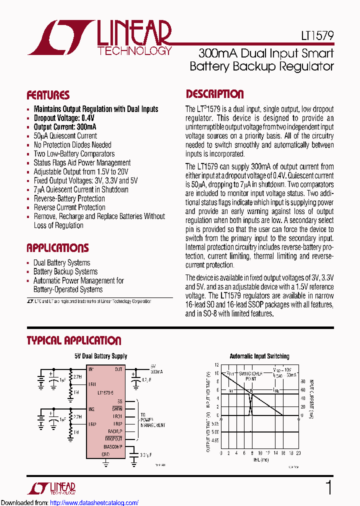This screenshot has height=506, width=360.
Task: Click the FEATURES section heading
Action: [48, 95]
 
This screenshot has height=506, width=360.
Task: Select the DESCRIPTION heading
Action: [215, 94]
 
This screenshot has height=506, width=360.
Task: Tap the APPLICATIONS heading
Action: [57, 248]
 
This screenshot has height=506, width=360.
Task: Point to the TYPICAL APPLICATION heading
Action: [74, 340]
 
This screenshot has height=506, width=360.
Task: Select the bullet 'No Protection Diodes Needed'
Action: [72, 145]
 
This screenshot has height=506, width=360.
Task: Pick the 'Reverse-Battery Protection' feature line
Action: [69, 198]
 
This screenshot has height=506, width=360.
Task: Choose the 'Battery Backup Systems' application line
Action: [65, 271]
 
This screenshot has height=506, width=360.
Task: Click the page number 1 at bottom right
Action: [328, 487]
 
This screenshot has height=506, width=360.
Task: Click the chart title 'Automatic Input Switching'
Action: [259, 356]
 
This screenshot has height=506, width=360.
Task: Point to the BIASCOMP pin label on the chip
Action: [113, 446]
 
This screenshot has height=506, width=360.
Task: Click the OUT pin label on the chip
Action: [118, 369]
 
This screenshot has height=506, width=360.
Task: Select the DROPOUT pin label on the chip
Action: [114, 438]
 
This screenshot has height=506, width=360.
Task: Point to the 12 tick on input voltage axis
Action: [216, 365]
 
